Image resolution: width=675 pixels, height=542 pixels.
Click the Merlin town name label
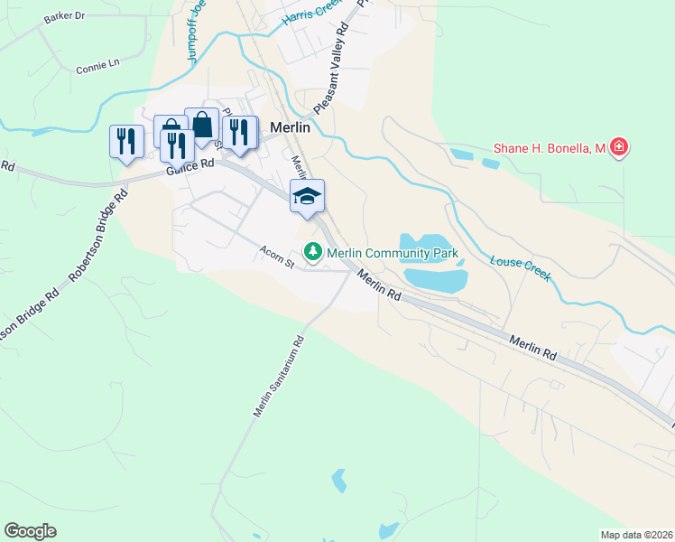(290, 127)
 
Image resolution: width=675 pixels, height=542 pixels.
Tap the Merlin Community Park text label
(393, 254)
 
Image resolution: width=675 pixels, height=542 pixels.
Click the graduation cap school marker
(307, 196)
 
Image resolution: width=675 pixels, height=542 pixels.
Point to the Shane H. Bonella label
(549, 148)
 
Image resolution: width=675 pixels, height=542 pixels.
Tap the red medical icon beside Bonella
(618, 146)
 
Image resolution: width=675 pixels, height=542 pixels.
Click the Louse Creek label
(521, 267)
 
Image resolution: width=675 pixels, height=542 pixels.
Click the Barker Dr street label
(63, 16)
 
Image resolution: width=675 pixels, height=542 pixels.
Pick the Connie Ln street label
(97, 66)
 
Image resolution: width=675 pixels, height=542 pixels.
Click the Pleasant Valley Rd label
(330, 69)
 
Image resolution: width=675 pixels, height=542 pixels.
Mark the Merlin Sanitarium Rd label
(279, 377)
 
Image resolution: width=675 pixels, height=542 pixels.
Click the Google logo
(30, 531)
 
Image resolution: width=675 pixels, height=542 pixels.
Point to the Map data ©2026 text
(636, 535)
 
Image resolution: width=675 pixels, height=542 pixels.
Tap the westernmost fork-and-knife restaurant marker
(125, 141)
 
